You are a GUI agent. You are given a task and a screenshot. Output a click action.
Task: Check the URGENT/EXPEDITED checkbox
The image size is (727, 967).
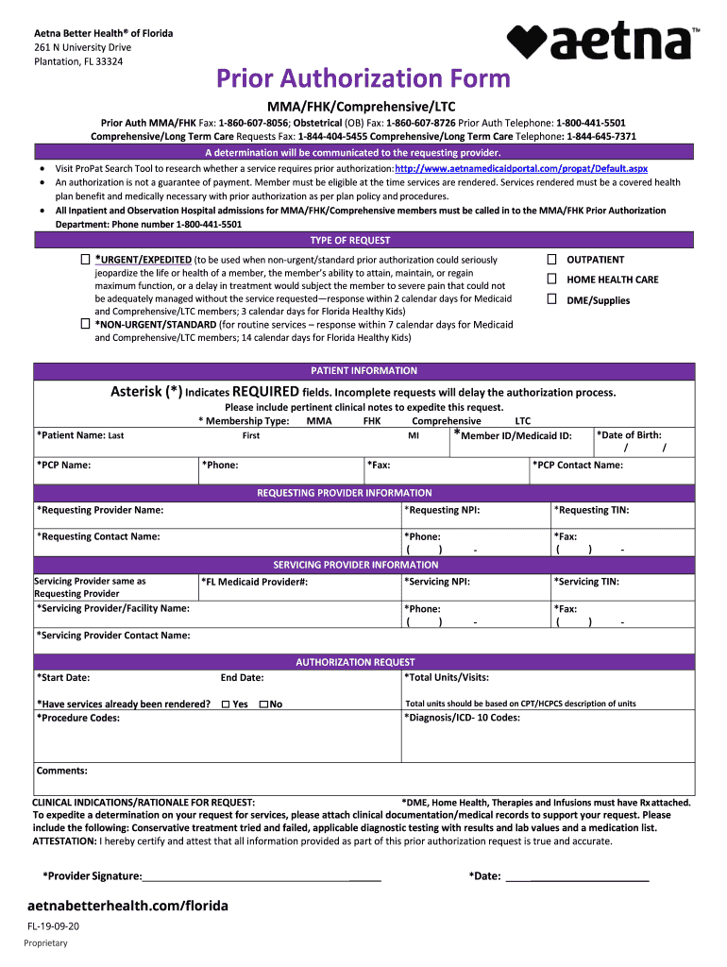tap(86, 259)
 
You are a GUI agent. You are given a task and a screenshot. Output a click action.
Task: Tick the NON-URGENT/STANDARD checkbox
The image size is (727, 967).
tap(86, 324)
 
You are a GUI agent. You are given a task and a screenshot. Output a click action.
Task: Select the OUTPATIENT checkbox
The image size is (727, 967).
tap(552, 259)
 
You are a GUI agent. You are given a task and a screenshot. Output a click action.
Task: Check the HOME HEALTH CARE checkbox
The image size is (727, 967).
tap(552, 280)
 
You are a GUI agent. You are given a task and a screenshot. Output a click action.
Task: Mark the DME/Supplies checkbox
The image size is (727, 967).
tap(552, 299)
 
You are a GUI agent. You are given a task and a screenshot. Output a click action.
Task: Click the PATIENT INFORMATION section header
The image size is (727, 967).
tap(363, 370)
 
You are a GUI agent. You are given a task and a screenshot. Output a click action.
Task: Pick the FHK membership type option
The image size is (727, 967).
tap(371, 421)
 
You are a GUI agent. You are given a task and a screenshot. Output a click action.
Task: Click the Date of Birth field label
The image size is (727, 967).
tap(629, 434)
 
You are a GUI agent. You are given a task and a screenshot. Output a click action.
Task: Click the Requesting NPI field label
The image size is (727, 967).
tap(442, 510)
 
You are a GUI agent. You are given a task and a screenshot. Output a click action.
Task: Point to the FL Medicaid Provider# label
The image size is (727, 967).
tap(254, 582)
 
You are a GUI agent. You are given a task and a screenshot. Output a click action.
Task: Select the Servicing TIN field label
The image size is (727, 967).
tap(586, 582)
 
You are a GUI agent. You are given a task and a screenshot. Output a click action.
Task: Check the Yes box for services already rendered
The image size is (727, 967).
tap(226, 704)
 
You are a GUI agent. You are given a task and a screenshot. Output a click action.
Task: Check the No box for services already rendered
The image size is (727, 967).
tap(263, 704)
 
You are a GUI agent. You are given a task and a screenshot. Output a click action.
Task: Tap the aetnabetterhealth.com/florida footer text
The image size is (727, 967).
tap(127, 906)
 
